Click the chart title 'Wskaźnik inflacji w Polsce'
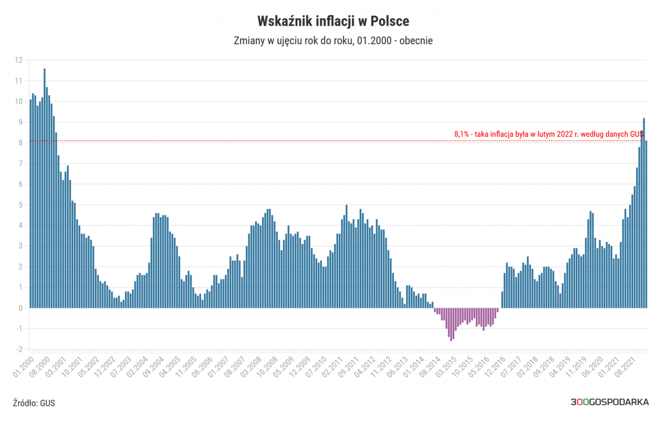(333, 21)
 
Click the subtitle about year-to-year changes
(333, 41)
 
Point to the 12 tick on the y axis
(19, 60)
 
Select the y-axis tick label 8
(20, 143)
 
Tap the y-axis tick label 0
(20, 308)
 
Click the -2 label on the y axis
(18, 350)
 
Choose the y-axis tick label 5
(20, 205)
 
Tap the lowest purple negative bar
(451, 324)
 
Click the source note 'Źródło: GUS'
(34, 403)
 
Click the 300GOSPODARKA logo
(610, 402)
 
